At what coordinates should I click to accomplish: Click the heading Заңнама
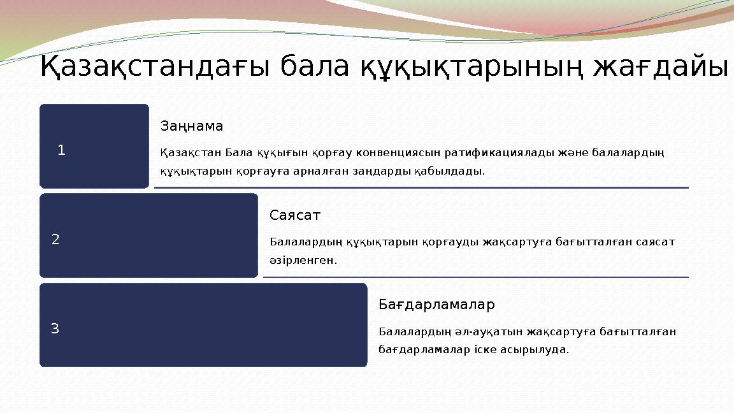pos(192,126)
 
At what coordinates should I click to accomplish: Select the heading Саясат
pos(295,215)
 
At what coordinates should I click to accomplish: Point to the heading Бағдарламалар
pos(436,305)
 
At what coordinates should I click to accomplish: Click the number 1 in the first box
pos(61,150)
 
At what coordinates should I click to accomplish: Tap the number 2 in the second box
pos(55,240)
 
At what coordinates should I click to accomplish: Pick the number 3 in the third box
pos(55,329)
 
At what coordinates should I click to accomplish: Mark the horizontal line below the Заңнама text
pos(421,187)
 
